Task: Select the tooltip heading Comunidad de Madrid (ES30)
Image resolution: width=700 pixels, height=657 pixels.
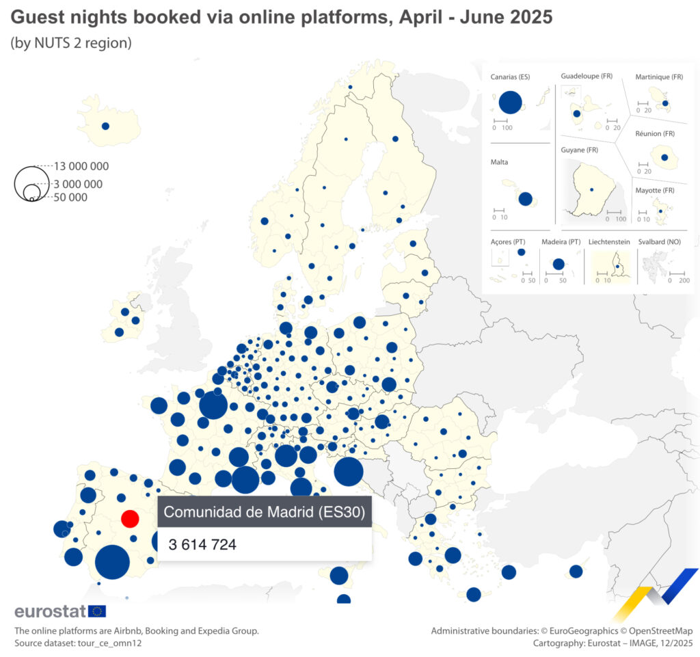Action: pos(264,511)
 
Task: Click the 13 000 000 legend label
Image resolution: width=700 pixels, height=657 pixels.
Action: pos(81,166)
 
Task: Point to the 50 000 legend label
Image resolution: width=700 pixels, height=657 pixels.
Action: pos(70,198)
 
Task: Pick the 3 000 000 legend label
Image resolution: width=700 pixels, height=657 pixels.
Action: pos(78,184)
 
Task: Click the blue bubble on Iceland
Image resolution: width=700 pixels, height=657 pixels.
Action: pos(105,126)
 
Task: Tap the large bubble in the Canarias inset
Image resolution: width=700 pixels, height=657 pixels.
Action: pos(510,103)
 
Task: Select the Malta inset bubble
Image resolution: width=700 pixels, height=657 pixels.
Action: pos(526,199)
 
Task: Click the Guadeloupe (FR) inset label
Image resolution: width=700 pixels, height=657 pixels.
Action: pos(586,76)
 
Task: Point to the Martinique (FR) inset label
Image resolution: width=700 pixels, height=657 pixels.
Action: pos(659,77)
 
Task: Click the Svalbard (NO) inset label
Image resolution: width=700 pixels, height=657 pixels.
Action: pos(661,242)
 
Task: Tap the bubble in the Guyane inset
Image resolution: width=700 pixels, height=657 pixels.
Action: pos(592,189)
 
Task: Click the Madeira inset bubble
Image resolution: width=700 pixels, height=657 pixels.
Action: pos(558,264)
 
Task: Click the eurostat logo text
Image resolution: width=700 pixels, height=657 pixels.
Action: pos(50,611)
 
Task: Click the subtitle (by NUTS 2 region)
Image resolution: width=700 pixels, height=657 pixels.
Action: pos(70,42)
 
